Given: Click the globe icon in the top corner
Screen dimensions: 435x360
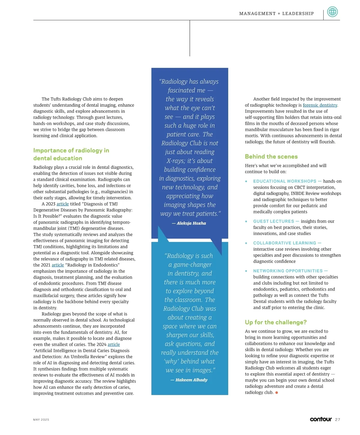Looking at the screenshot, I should pyautogui.click(x=332, y=12).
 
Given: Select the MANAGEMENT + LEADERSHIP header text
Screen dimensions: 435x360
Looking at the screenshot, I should pyautogui.click(x=276, y=13).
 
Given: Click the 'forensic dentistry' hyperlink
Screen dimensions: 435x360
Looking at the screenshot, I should pyautogui.click(x=320, y=105).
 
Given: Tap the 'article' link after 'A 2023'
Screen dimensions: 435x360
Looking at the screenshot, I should pyautogui.click(x=63, y=204).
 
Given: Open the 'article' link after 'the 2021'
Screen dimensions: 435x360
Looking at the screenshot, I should pyautogui.click(x=58, y=265).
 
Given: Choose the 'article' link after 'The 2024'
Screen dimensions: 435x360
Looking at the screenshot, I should pyautogui.click(x=114, y=345).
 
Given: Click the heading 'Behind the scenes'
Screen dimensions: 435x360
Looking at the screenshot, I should pyautogui.click(x=271, y=157).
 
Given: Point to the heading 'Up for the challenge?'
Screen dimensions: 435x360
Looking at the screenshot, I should pyautogui.click(x=276, y=322).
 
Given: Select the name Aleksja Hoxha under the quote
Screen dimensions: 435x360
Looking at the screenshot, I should pyautogui.click(x=191, y=223).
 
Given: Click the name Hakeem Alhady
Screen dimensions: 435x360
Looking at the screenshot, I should pyautogui.click(x=191, y=380).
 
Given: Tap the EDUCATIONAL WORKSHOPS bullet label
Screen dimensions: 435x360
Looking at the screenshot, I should pyautogui.click(x=285, y=181).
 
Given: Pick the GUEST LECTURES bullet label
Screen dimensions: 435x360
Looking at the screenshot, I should pyautogui.click(x=274, y=221).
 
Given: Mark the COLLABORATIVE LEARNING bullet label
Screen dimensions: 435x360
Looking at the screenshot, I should pyautogui.click(x=285, y=243).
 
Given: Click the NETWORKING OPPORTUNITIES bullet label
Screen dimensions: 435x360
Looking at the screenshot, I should pyautogui.click(x=288, y=271).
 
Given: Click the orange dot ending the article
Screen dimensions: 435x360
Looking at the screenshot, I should pyautogui.click(x=277, y=393).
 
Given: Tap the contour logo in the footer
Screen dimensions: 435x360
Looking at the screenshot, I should pyautogui.click(x=321, y=419).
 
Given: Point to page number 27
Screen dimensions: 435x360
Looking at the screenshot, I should pyautogui.click(x=337, y=420).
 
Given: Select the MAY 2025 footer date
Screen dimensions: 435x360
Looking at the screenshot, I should pyautogui.click(x=41, y=420).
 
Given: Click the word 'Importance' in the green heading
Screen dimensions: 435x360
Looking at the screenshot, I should pyautogui.click(x=50, y=151).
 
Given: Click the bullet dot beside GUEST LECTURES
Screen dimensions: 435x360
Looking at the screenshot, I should pyautogui.click(x=246, y=221).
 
